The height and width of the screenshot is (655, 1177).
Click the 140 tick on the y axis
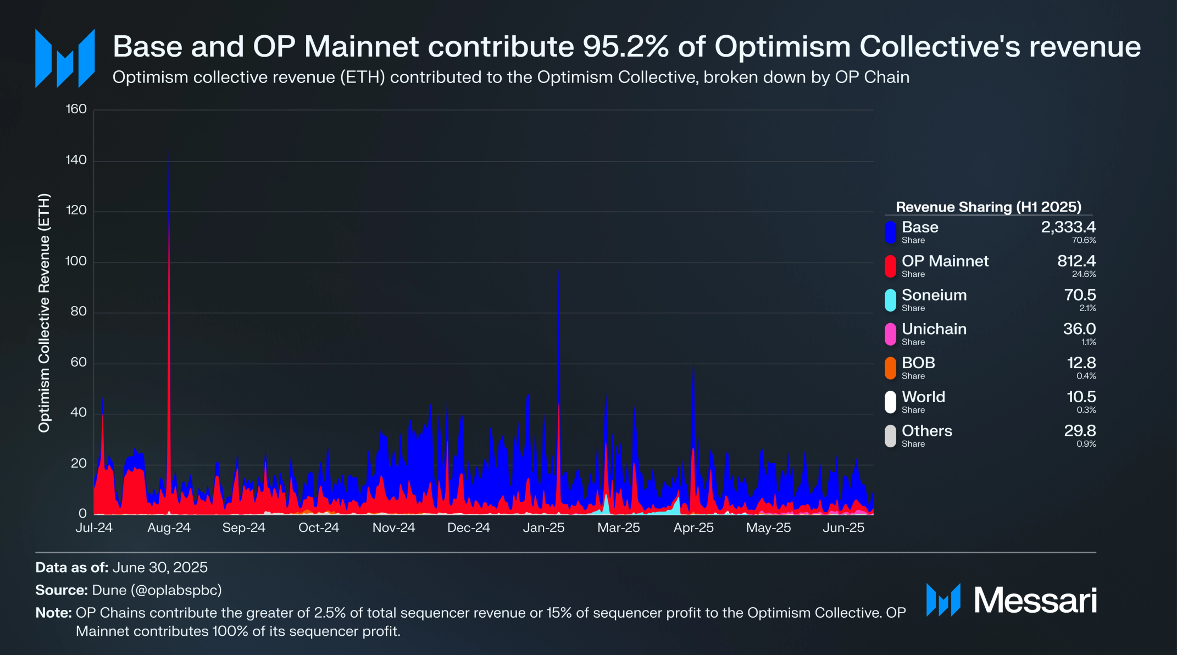(76, 160)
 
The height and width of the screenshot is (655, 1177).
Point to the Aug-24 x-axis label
(169, 528)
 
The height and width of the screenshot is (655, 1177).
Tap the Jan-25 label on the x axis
(543, 528)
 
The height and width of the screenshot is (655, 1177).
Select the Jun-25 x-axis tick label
(843, 528)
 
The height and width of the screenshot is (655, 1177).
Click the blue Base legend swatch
(890, 232)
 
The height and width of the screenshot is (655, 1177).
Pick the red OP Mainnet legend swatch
(890, 266)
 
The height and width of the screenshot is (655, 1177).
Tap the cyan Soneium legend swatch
(890, 300)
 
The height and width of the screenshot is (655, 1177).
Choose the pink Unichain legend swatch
(890, 334)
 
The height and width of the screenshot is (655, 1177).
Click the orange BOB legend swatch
(890, 368)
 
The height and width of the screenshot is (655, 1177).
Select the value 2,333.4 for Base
(1068, 227)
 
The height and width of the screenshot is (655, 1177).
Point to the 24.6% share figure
(1084, 274)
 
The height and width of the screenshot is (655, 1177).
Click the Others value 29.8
(1080, 431)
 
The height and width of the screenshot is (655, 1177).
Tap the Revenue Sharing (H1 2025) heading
(988, 207)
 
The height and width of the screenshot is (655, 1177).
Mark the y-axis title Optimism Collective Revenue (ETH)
(44, 313)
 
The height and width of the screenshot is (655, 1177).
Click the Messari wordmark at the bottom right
(1035, 600)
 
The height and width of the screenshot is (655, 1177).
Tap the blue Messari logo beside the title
(65, 58)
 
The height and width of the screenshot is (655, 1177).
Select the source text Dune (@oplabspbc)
(157, 590)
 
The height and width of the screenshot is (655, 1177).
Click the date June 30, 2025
(160, 568)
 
